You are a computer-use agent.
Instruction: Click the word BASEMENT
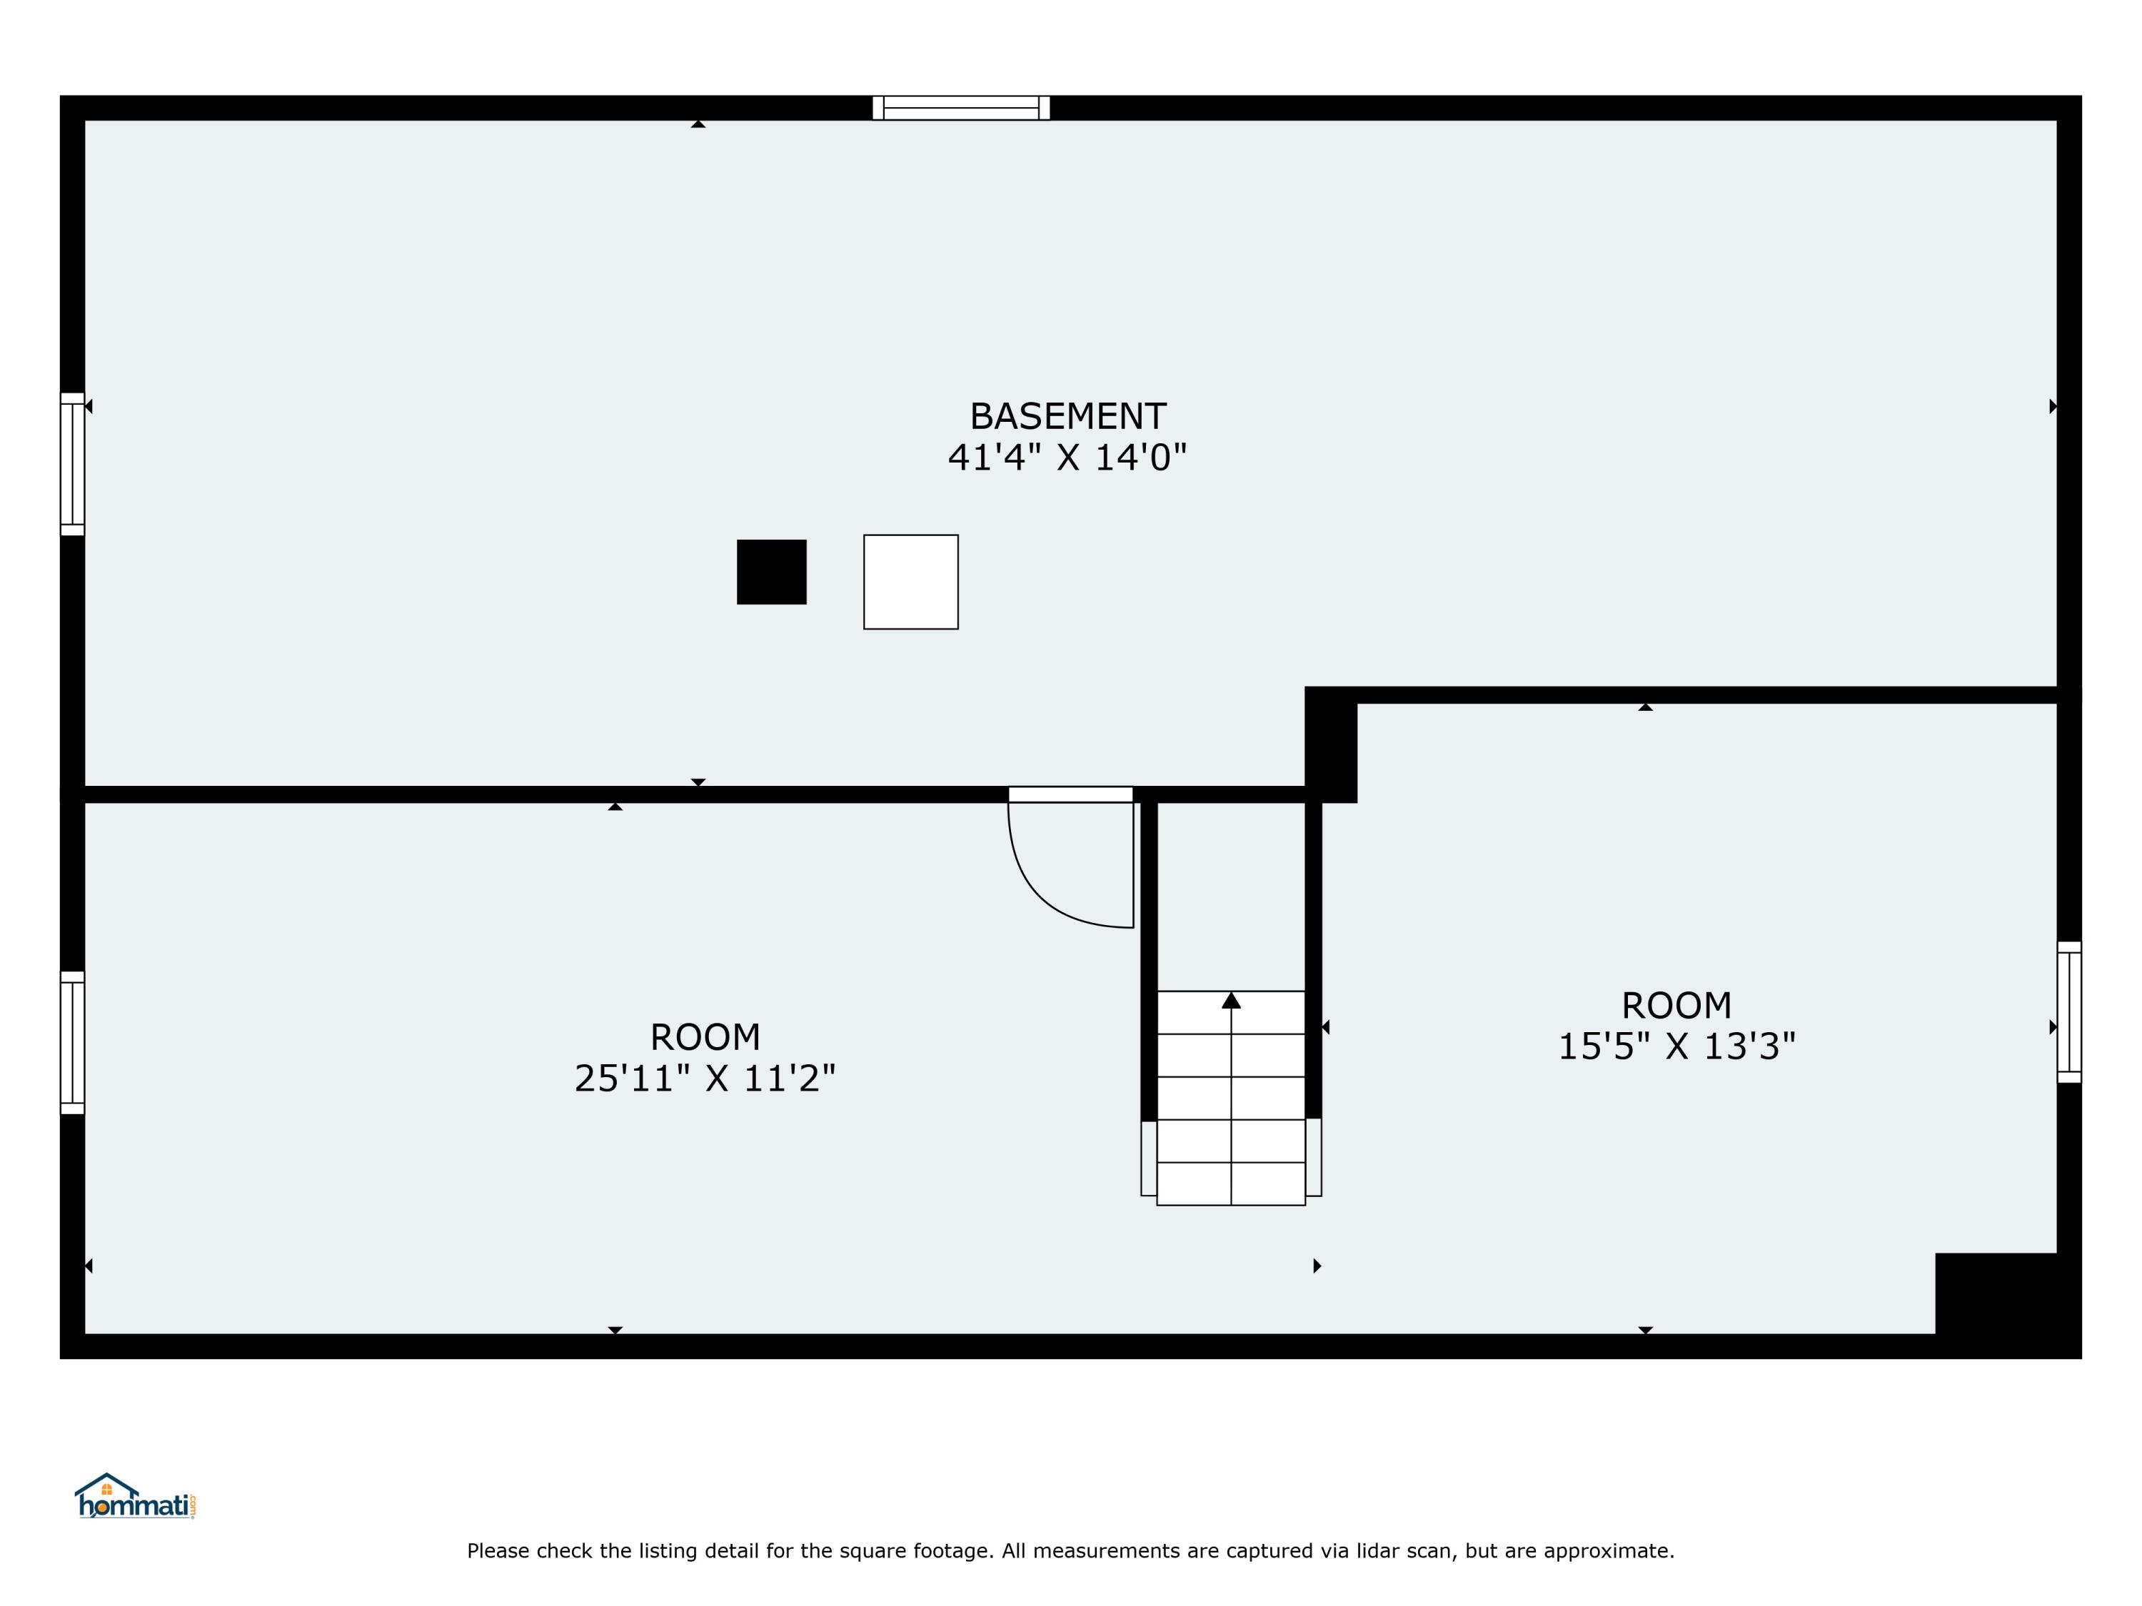point(1067,416)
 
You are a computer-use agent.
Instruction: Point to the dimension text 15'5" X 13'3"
point(1676,1046)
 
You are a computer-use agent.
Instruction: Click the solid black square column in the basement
point(771,572)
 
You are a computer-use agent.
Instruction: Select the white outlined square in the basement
point(910,582)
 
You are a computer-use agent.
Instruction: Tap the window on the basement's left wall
point(73,464)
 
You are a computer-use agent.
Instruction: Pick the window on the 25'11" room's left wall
point(73,1043)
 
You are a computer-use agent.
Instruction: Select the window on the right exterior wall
point(2068,1011)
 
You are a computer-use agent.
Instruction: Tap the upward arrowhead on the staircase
point(1231,1000)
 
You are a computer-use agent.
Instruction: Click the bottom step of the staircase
point(1231,1184)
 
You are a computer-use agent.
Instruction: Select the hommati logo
point(136,1498)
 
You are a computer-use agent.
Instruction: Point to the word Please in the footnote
point(498,1551)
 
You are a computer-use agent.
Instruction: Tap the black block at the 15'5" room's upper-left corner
point(1330,744)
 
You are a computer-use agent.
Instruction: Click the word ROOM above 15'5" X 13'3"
point(1676,1006)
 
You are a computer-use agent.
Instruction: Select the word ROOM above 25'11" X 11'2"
point(704,1038)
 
